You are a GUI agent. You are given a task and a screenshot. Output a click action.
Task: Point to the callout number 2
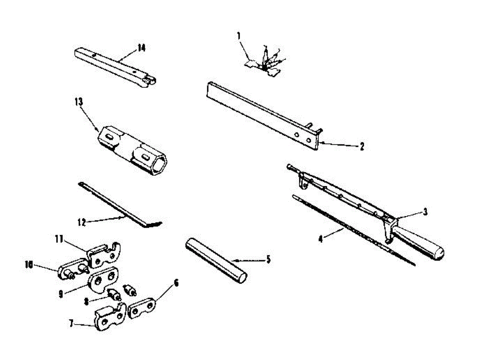(x=362, y=147)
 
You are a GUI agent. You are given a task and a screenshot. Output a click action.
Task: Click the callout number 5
(x=268, y=259)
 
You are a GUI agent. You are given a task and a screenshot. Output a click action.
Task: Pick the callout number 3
(x=425, y=212)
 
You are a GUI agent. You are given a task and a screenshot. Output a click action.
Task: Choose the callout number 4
(x=320, y=239)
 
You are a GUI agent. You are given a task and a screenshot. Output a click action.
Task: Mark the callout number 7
(x=71, y=324)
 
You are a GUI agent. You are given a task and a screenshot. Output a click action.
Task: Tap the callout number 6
(x=176, y=284)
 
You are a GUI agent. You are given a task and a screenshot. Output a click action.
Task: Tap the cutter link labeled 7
(x=109, y=318)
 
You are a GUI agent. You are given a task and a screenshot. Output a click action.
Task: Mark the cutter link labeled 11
(x=102, y=256)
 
